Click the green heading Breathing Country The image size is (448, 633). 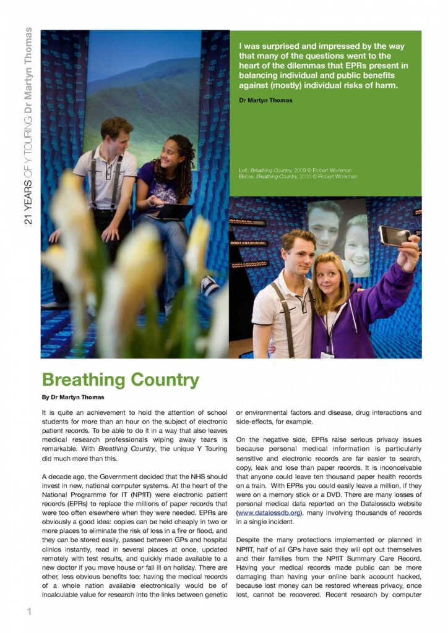coord(121,379)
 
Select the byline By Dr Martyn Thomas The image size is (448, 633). coord(73,397)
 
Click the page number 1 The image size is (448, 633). coord(28,612)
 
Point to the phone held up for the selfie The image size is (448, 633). coord(394,235)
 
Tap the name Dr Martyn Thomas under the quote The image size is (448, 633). coord(265,100)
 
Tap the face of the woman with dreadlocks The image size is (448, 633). coord(168,155)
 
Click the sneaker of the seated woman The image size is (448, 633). coord(210,285)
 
